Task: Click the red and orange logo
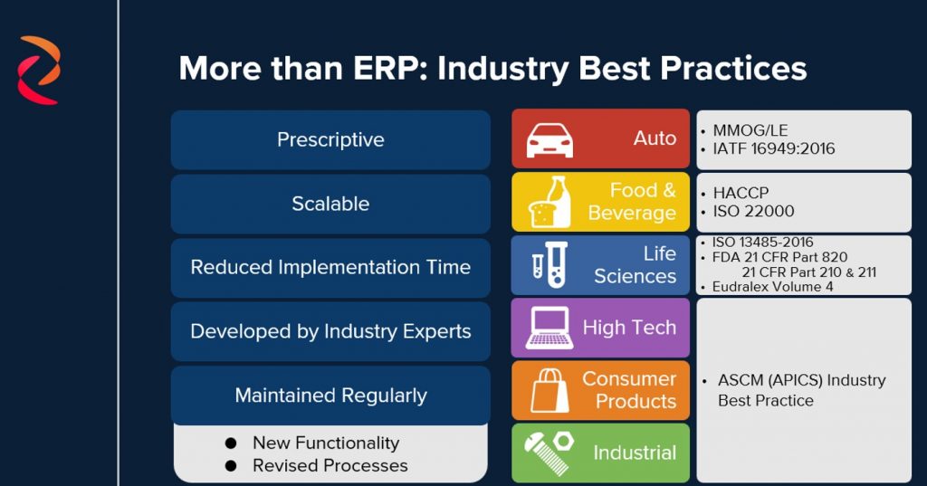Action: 39,70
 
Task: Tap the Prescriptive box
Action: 330,140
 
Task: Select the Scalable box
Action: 330,204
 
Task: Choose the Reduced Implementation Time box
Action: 330,268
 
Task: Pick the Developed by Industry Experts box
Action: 330,331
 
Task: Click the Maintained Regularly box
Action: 330,395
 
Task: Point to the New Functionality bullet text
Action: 326,443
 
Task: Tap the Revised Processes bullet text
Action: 330,466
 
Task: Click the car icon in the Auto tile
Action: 550,140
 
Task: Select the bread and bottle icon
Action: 550,202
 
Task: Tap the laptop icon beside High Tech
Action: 550,329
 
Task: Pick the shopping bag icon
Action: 550,391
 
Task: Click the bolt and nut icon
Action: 550,453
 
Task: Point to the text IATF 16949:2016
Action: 773,149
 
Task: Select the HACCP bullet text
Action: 741,193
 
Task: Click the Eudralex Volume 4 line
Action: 773,287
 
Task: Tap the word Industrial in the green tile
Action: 635,453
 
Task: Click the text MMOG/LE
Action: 750,130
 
